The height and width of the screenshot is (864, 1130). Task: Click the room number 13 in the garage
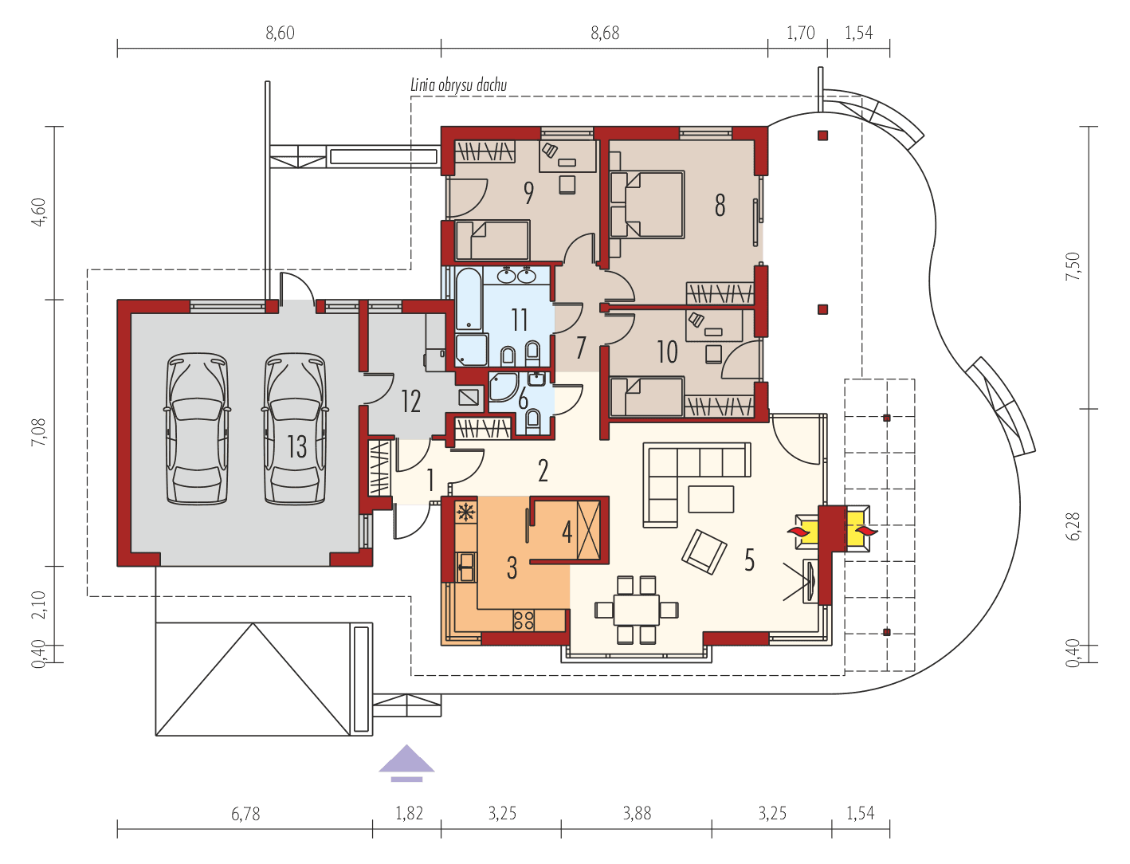click(x=296, y=446)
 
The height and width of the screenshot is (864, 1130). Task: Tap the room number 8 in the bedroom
click(x=720, y=205)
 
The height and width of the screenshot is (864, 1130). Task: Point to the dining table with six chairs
click(x=637, y=610)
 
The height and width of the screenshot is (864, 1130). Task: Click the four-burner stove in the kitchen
click(x=524, y=619)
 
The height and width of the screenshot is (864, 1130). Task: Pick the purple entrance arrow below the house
click(x=407, y=760)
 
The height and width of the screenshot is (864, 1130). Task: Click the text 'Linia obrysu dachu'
click(x=458, y=84)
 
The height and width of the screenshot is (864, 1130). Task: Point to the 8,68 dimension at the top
click(x=605, y=33)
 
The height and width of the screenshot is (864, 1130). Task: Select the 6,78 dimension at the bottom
click(x=245, y=814)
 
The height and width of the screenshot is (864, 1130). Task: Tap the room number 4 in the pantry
click(x=567, y=532)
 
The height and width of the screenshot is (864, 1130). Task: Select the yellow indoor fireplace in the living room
click(x=806, y=530)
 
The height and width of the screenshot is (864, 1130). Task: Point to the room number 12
click(x=410, y=401)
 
